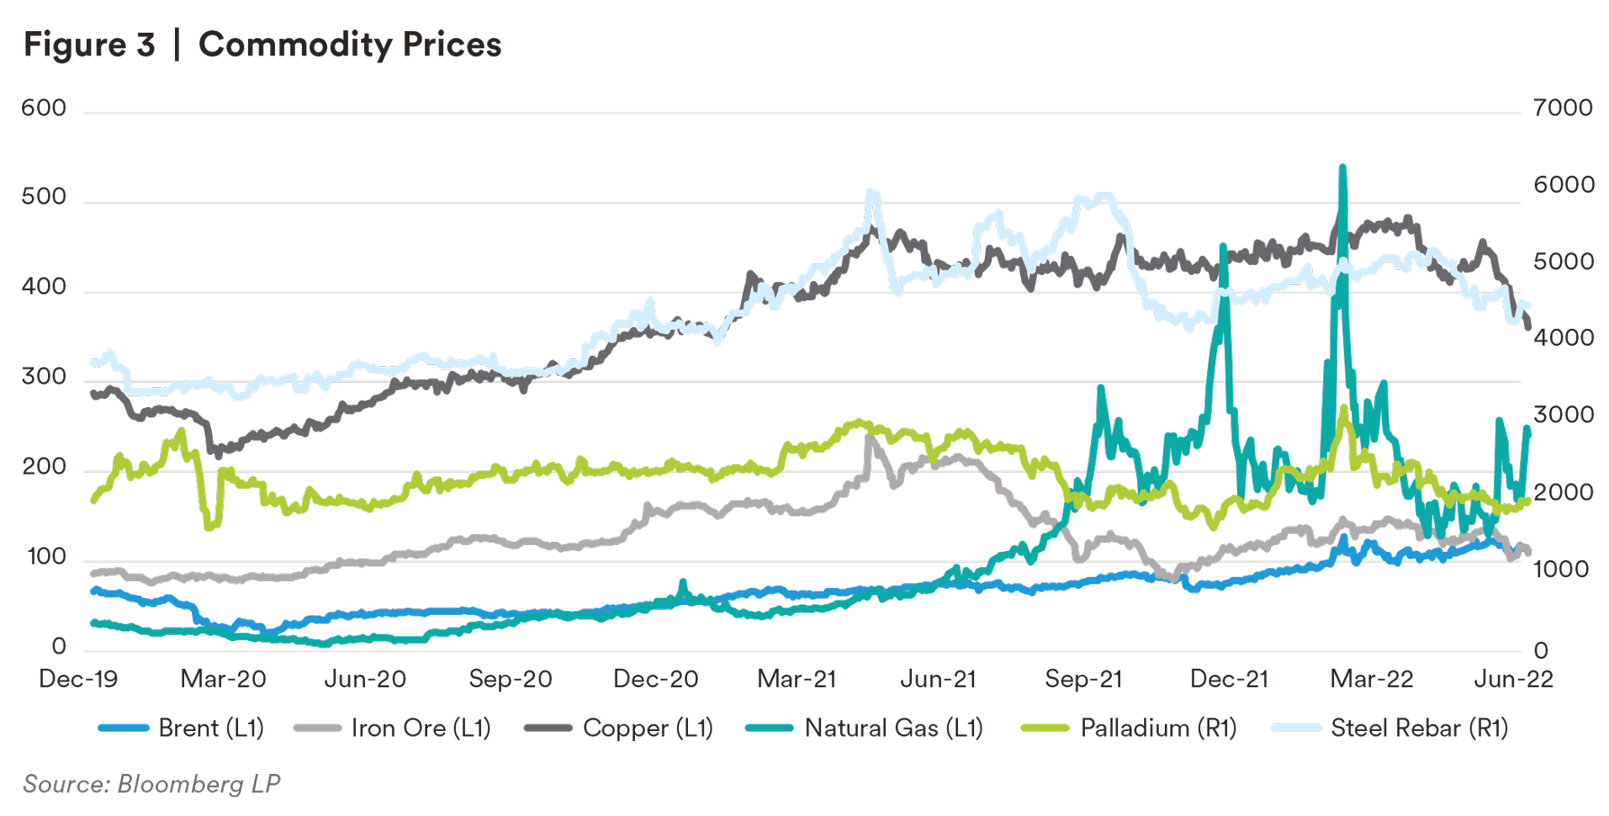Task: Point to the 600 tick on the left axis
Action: coord(44,109)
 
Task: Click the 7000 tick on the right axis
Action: coord(1563,109)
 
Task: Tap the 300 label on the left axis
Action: coord(44,377)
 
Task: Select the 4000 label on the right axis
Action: coord(1563,338)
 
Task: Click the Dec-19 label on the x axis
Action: coord(78,679)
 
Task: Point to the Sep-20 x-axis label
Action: coord(511,679)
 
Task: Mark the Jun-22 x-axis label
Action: coord(1513,679)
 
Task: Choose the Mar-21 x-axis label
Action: coord(797,679)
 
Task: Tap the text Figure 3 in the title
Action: coord(89,45)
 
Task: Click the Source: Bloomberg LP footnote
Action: coord(151,784)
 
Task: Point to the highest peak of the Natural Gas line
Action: coord(1342,167)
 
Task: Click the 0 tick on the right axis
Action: coord(1541,650)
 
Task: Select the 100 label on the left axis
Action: coord(46,557)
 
